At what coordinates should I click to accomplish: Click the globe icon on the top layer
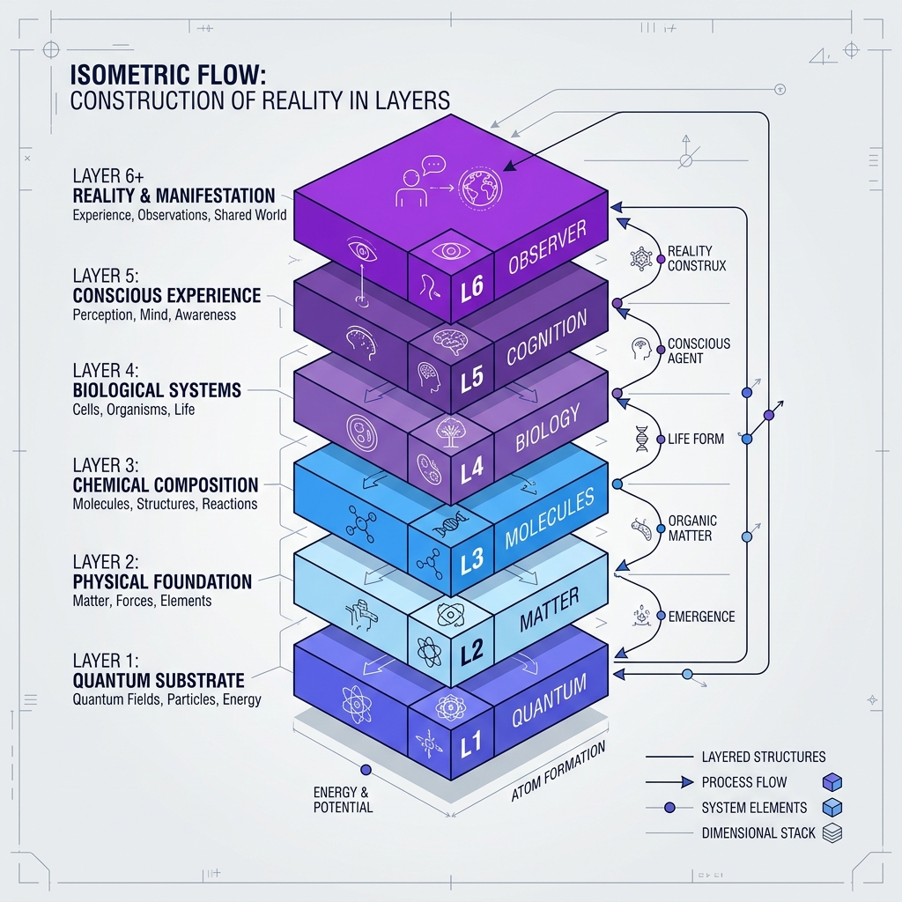click(x=480, y=188)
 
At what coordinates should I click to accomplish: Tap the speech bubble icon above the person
click(x=433, y=165)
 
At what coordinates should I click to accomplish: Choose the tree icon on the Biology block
click(x=451, y=432)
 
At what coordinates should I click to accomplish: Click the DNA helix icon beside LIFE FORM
click(x=641, y=439)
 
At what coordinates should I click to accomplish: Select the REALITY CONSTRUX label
click(x=697, y=258)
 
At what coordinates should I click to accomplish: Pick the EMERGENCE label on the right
click(x=701, y=617)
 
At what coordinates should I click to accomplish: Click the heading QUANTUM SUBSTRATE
click(x=159, y=681)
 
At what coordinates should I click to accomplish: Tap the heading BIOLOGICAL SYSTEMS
click(x=157, y=390)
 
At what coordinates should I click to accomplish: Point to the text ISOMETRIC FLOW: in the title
click(x=168, y=75)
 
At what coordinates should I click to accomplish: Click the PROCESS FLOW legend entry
click(x=743, y=782)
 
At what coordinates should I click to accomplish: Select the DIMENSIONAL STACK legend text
click(x=758, y=833)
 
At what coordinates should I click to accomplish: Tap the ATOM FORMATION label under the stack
click(x=558, y=771)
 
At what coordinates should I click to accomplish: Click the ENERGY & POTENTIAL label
click(x=343, y=800)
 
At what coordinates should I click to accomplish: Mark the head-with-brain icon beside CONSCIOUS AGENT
click(x=641, y=349)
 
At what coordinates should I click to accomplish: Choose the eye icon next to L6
click(x=450, y=251)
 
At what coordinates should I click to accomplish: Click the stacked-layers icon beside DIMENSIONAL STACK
click(x=832, y=833)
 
